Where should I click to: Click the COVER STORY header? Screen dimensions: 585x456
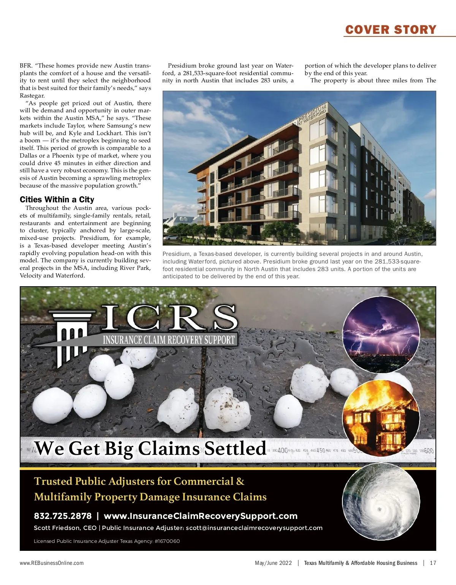(391, 30)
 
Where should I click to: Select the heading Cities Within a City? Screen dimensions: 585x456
(57, 200)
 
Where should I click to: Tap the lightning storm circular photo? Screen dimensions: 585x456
(381, 334)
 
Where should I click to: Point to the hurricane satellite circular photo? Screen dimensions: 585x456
(381, 501)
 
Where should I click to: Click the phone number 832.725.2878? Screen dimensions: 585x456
(63, 516)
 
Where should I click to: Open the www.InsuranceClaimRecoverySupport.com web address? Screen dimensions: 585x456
(201, 516)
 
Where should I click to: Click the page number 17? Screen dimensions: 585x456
(433, 563)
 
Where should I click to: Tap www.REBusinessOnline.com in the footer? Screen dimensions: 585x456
(52, 563)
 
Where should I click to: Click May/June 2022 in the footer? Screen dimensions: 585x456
(273, 563)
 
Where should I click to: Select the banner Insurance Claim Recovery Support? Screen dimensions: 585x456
(169, 339)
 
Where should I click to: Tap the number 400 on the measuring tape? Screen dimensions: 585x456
(282, 451)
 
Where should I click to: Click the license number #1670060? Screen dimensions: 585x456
(167, 541)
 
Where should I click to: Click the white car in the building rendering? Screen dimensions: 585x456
(171, 237)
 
